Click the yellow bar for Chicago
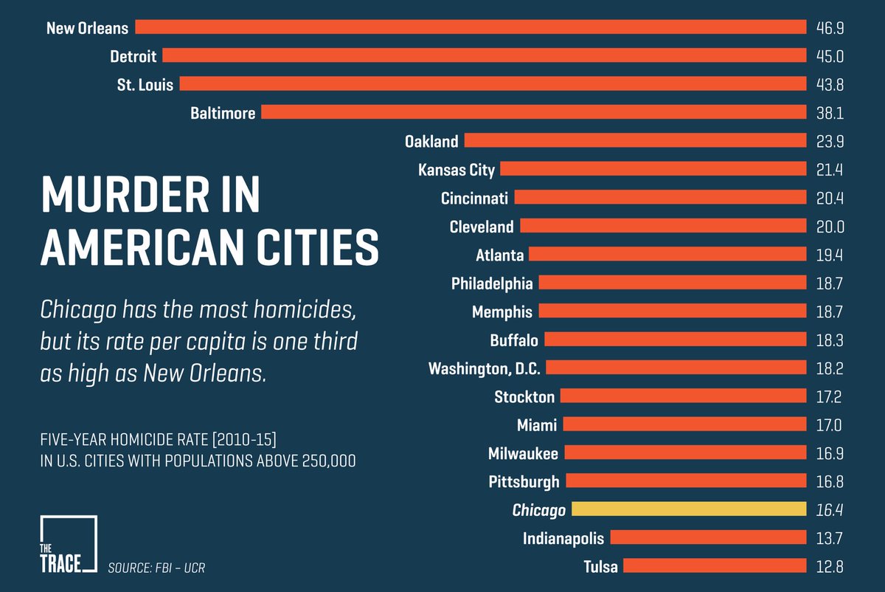(x=688, y=509)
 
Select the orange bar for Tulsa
(x=714, y=566)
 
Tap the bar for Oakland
(x=634, y=141)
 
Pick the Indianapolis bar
(x=707, y=538)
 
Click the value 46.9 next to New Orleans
(x=830, y=28)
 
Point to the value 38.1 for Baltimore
(x=830, y=113)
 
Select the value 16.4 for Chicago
(x=830, y=509)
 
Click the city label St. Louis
(x=145, y=85)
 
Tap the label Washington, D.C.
(x=485, y=368)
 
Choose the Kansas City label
(x=457, y=170)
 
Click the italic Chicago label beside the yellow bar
(x=538, y=510)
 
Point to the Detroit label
(x=133, y=56)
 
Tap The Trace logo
(x=68, y=545)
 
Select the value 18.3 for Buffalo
(x=830, y=340)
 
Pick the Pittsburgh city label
(x=524, y=482)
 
